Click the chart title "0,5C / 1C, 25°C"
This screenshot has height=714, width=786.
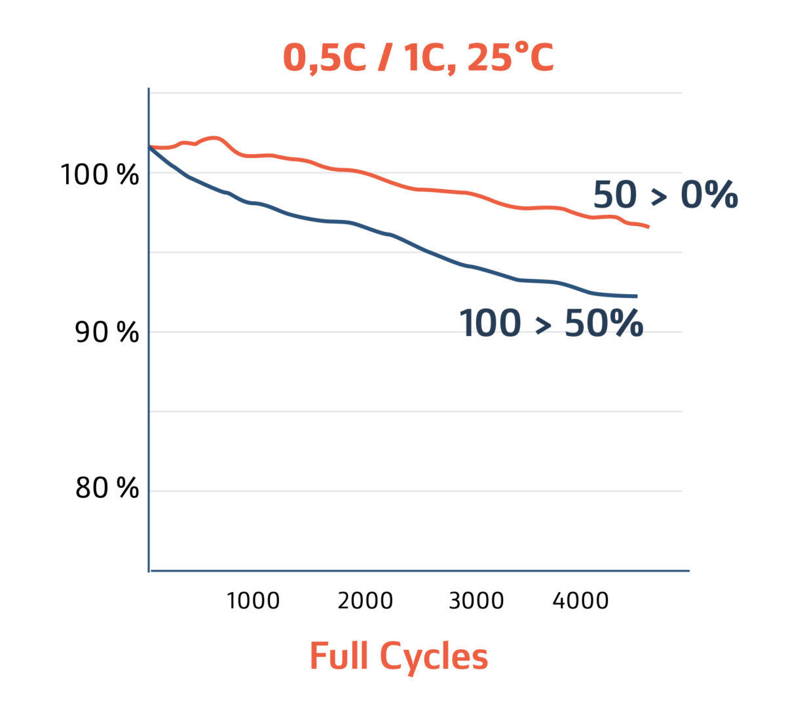[418, 58]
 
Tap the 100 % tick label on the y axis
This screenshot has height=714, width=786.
[100, 175]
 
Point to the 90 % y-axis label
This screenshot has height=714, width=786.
[107, 333]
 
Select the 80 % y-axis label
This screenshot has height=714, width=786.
[107, 488]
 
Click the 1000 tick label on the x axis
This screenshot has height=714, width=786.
[253, 601]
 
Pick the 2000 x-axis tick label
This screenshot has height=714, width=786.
[365, 601]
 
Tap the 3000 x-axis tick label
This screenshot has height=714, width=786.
[476, 601]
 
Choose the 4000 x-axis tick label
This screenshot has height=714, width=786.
[580, 601]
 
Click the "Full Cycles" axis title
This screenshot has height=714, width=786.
[399, 657]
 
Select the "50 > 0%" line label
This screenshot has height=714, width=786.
[665, 195]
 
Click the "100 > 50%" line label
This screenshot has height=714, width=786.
[551, 324]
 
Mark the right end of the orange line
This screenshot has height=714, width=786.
[648, 227]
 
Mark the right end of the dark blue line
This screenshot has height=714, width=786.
[636, 296]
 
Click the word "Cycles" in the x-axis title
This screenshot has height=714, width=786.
[434, 657]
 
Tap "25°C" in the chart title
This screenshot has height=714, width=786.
[511, 58]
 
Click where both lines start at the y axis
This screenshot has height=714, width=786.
[150, 147]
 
